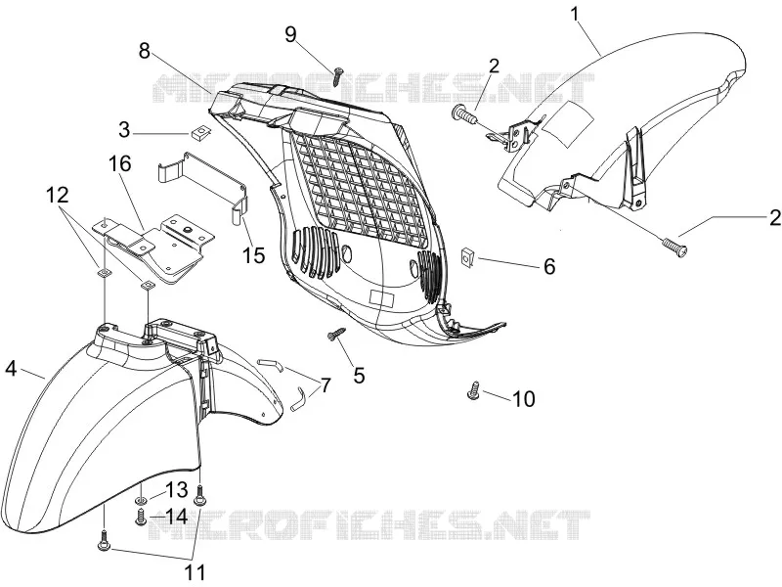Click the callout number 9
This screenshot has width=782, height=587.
click(x=290, y=34)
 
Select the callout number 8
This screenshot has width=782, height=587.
click(x=144, y=51)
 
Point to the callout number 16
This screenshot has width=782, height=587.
click(x=119, y=163)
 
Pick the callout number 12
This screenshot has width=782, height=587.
click(x=58, y=195)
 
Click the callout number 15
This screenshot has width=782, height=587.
click(x=254, y=255)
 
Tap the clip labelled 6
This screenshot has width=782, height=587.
click(x=468, y=256)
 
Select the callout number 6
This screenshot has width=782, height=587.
click(x=549, y=266)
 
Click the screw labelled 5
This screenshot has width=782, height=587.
click(x=335, y=334)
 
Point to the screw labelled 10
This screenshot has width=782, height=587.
click(x=474, y=390)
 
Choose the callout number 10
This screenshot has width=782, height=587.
click(x=524, y=399)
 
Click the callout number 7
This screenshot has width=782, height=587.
click(x=326, y=384)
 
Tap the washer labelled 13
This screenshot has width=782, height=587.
click(x=141, y=501)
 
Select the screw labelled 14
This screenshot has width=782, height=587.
click(x=140, y=517)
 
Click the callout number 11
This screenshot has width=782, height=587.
click(x=195, y=572)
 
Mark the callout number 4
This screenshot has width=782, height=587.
click(x=11, y=369)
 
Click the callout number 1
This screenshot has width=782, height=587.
click(x=575, y=14)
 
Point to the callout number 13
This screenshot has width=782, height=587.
click(x=176, y=490)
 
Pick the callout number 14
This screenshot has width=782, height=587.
click(x=176, y=517)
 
